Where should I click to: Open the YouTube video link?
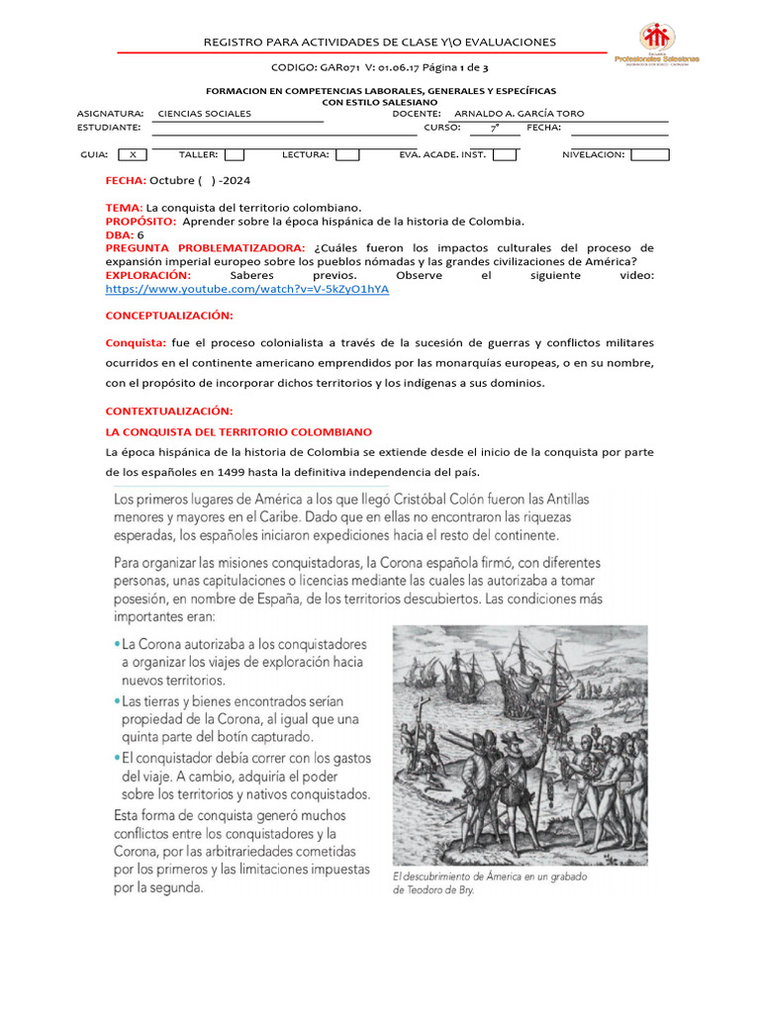click(247, 288)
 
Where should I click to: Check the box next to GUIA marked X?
click(133, 154)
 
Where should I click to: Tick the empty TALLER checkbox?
click(235, 154)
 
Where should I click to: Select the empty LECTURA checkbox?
click(346, 154)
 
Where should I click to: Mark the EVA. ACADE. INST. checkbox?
click(505, 154)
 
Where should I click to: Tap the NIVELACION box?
click(649, 154)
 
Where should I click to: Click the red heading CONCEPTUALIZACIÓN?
click(169, 315)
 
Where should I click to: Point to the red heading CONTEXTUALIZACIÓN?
click(169, 410)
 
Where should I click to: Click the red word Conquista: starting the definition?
click(136, 342)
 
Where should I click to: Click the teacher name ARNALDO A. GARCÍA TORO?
click(519, 114)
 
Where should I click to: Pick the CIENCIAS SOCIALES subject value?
click(205, 114)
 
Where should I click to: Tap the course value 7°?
click(494, 128)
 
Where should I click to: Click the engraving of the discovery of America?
click(520, 745)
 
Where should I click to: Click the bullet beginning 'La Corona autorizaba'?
click(243, 662)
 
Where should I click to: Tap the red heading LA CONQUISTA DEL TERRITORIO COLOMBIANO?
click(238, 432)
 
